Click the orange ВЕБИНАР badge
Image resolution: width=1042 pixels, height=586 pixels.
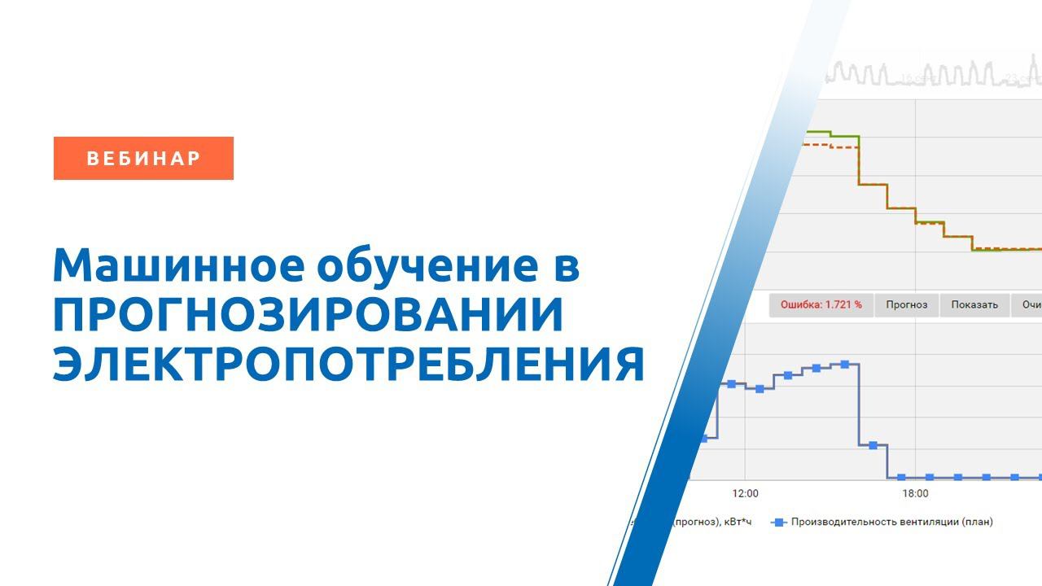pyautogui.click(x=143, y=158)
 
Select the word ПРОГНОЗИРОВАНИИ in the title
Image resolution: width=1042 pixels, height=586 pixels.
pyautogui.click(x=308, y=315)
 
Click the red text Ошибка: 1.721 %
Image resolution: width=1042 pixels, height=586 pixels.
pyautogui.click(x=821, y=305)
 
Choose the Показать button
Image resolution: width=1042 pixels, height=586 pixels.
pyautogui.click(x=974, y=305)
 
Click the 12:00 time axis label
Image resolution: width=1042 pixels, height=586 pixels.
pyautogui.click(x=745, y=493)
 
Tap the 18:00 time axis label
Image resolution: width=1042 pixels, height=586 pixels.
pyautogui.click(x=915, y=493)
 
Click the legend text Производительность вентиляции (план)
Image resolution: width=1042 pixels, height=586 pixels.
pyautogui.click(x=891, y=522)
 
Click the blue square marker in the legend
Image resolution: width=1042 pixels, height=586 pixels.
pyautogui.click(x=778, y=522)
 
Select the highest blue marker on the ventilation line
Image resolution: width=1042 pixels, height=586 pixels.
pyautogui.click(x=845, y=364)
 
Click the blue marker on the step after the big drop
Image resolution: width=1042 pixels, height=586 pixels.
pyautogui.click(x=873, y=445)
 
